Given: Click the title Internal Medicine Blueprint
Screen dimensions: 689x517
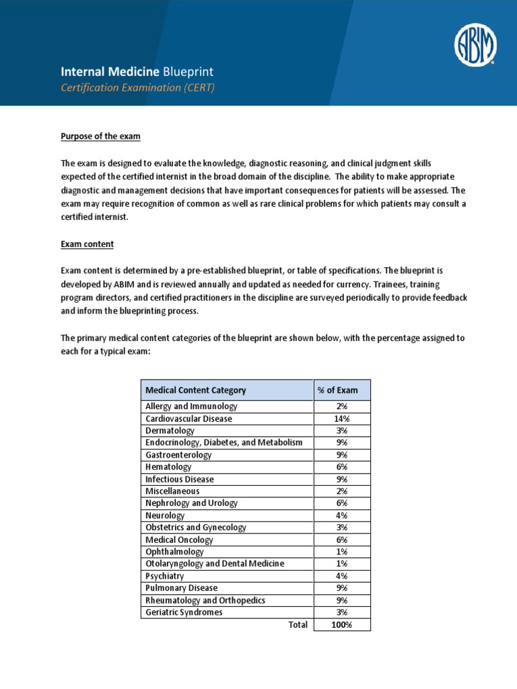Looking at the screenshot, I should [137, 71].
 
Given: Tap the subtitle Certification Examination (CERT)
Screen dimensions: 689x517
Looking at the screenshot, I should [137, 87].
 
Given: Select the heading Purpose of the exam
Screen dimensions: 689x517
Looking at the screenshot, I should [100, 137].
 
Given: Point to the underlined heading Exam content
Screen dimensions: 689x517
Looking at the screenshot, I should [87, 244].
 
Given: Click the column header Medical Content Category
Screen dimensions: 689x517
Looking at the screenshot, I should [196, 390].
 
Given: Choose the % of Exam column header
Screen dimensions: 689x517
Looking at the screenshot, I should [341, 390].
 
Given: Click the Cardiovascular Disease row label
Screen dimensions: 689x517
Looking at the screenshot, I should [188, 419].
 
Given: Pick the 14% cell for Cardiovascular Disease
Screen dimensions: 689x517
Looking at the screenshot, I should [341, 419].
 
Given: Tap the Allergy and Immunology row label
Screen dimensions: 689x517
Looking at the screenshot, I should [191, 406].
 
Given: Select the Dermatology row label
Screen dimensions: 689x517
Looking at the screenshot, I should [170, 431].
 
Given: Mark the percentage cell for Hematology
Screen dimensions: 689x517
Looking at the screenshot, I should [341, 467].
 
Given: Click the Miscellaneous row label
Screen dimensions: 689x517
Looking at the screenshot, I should [172, 491].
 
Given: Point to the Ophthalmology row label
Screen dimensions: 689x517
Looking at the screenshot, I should [174, 552].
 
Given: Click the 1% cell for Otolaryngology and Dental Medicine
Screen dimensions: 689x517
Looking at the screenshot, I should [341, 564].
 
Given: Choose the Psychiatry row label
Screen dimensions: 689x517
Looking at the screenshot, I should [164, 576].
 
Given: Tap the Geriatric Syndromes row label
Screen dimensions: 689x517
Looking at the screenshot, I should [184, 612].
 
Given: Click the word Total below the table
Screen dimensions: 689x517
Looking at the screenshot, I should [297, 625].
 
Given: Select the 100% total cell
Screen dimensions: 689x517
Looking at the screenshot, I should [341, 625].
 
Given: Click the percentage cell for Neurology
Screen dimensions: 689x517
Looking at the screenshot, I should [341, 515].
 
